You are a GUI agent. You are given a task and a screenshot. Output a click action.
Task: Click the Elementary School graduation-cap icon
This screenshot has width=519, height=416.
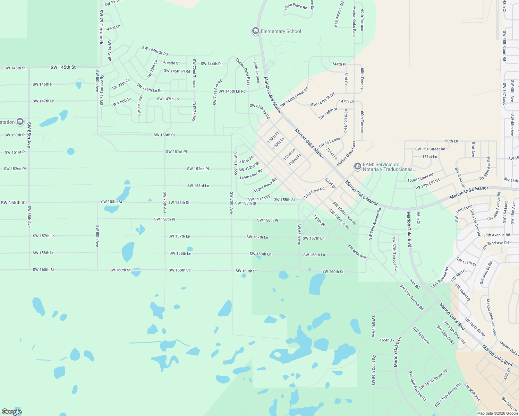pos(256,31)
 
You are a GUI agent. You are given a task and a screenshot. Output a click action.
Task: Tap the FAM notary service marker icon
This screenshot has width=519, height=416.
pos(357,167)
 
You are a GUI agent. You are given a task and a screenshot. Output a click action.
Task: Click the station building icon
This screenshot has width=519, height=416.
pos(20,122)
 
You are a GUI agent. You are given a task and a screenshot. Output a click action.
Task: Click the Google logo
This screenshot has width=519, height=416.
pos(12,412)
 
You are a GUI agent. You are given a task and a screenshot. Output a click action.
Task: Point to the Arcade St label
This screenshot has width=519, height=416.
pos(171,63)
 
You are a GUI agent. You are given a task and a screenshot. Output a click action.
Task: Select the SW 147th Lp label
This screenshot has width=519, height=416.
pos(168,99)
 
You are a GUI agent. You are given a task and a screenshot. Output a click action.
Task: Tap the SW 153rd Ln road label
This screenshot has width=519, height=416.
pos(198,186)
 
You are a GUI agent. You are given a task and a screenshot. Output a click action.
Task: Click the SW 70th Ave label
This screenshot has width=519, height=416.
pos(231,203)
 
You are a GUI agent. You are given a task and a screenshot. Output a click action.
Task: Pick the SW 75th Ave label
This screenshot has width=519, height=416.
pos(165,203)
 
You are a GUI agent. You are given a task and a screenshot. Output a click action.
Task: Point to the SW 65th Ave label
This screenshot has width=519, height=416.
pos(299,234)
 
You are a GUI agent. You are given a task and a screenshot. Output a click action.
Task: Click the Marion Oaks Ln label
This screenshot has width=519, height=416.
pos(398,352)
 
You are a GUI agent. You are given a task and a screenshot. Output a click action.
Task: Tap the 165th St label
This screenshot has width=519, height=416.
pos(386,340)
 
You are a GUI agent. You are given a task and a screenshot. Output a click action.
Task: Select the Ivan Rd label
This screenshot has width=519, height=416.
pos(415,284)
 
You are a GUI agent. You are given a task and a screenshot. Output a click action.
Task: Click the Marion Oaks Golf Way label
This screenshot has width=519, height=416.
pos(491,317)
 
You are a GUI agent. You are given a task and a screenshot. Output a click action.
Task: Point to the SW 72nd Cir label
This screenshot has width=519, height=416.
pos(194,111)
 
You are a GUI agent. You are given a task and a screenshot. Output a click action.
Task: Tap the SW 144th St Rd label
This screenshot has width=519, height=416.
pos(155,51)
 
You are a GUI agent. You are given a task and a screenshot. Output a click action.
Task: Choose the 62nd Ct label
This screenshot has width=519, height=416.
pos(330,183)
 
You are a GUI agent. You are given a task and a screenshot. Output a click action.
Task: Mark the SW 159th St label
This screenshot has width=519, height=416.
pos(467,261)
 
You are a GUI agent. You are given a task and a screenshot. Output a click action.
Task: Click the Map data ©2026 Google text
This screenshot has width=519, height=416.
pos(497,413)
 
